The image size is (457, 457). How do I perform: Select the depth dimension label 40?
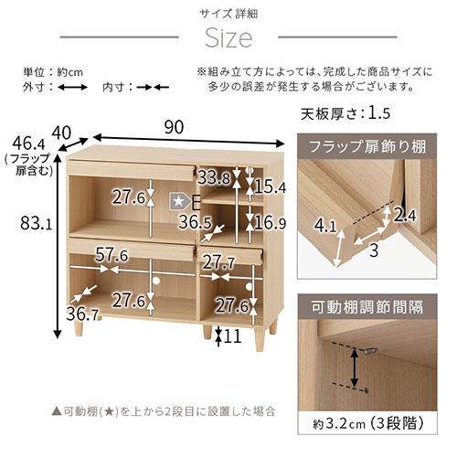point(61,133)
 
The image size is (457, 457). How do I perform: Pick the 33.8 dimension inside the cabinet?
point(213,176)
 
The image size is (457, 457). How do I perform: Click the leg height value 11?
point(232,336)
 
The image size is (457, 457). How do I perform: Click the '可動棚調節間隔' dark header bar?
point(371,307)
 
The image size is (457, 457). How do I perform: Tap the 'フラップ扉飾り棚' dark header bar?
point(371,146)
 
